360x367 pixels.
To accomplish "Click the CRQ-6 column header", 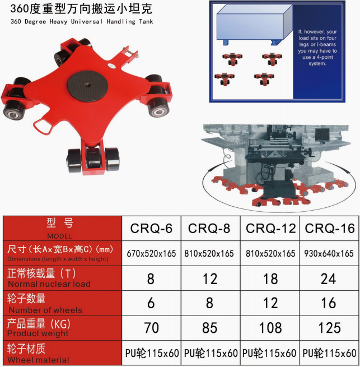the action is pyautogui.click(x=151, y=228).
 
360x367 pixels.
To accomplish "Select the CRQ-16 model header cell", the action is pyautogui.click(x=330, y=228).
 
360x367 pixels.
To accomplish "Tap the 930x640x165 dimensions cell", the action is pyautogui.click(x=329, y=253).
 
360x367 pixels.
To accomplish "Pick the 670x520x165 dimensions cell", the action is pyautogui.click(x=151, y=253).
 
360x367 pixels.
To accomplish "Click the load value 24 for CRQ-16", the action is pyautogui.click(x=329, y=279).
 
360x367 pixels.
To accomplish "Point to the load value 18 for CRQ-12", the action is pyautogui.click(x=270, y=279).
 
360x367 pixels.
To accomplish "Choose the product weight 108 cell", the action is pyautogui.click(x=270, y=328).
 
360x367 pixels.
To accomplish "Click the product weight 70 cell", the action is pyautogui.click(x=152, y=328).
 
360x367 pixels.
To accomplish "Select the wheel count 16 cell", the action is pyautogui.click(x=329, y=303).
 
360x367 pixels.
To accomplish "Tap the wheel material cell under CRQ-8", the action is pyautogui.click(x=211, y=353).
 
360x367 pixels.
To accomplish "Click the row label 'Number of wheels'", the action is pyautogui.click(x=45, y=310).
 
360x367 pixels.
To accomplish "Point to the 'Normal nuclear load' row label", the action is pyautogui.click(x=49, y=284).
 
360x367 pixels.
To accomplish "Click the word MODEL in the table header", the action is pyautogui.click(x=59, y=236).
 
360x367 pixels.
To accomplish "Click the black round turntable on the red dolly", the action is pyautogui.click(x=87, y=86).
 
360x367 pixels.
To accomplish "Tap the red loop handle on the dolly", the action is pyautogui.click(x=43, y=127).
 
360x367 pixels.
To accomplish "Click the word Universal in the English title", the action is pyautogui.click(x=87, y=21).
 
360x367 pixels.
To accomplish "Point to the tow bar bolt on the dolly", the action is pyautogui.click(x=132, y=53).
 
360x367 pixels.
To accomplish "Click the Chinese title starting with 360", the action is pyautogui.click(x=81, y=8).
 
